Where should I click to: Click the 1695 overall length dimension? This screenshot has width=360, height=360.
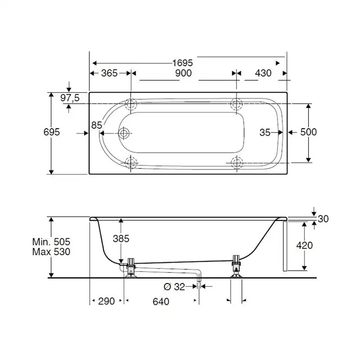183,63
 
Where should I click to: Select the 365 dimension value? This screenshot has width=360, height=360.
109,73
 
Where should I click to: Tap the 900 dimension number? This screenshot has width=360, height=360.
183,73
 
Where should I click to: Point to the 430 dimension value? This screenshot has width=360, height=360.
263,73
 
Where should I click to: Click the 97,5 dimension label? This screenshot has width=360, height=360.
70,98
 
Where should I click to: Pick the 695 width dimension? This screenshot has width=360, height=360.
52,132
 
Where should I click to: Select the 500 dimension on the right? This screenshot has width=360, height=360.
308,132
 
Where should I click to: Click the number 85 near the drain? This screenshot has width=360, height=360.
97,125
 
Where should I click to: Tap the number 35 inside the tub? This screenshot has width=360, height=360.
265,133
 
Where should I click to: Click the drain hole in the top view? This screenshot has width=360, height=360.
124,133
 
